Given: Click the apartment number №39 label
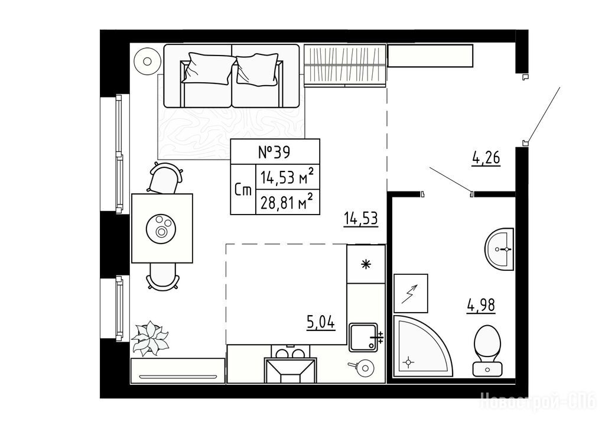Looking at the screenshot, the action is (274, 153).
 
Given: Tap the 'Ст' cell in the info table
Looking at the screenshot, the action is (243, 190).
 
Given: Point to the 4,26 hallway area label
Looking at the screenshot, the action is (486, 158).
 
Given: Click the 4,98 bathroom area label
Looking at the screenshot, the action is (481, 306).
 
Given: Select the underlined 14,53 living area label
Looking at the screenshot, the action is (361, 219).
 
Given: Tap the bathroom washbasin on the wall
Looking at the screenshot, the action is (500, 249).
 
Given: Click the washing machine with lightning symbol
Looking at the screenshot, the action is (411, 293).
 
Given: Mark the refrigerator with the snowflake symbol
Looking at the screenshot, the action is (366, 264).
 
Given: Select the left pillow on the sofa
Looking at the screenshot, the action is (209, 69).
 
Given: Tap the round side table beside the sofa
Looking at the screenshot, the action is (147, 61).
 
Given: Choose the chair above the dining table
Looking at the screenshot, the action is (165, 178).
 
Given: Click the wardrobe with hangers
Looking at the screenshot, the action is (345, 65).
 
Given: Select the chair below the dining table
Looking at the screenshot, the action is (163, 276).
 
